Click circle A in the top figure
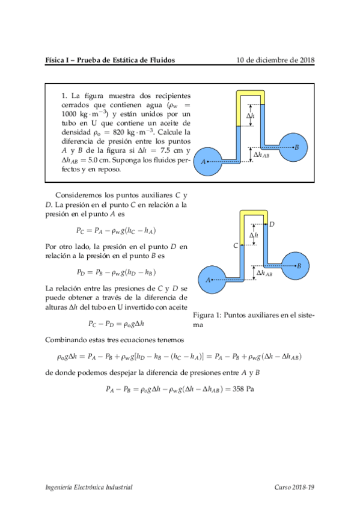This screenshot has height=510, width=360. tap(210, 161)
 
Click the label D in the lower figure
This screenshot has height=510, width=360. tap(272, 224)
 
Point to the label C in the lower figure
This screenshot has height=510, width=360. tap(236, 246)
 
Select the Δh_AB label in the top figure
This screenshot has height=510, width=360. tap(261, 155)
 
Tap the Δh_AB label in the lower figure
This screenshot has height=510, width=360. tap(264, 273)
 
